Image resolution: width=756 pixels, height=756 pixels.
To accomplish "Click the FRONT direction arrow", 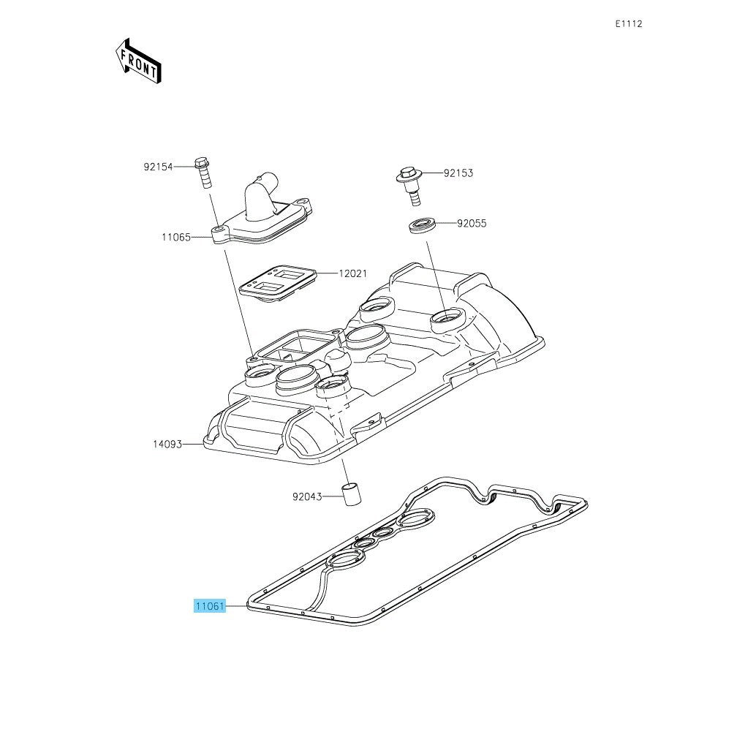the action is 138,61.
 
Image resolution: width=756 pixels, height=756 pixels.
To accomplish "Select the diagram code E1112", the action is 628,24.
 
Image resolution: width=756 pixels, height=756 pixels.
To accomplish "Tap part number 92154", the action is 158,167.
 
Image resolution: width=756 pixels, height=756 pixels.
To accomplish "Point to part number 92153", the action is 458,173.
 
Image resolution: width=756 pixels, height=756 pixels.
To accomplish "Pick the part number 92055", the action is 472,223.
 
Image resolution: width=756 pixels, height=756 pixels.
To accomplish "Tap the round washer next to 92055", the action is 423,225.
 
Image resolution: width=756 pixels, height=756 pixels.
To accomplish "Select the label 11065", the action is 176,237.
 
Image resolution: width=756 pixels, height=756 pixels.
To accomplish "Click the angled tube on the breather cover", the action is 262,195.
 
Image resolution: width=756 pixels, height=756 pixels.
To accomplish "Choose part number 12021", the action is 353,273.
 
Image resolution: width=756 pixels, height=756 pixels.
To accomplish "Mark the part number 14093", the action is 167,444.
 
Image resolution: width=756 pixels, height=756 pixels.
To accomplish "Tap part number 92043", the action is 306,496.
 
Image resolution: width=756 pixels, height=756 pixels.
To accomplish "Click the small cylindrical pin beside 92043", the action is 352,494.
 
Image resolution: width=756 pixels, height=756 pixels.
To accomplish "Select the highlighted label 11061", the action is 210,605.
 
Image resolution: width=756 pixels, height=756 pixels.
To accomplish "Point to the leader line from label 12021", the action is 327,273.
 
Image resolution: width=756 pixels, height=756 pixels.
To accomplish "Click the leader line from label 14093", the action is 193,444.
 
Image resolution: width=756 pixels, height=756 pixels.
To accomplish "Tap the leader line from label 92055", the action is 446,223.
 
